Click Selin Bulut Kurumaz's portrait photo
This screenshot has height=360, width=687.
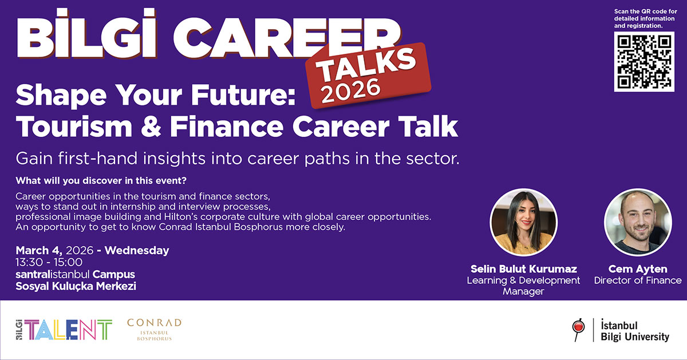pyautogui.click(x=523, y=223)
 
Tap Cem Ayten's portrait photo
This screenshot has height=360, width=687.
pyautogui.click(x=638, y=223)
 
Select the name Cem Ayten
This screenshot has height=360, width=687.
pyautogui.click(x=638, y=268)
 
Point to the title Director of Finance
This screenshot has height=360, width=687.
pyautogui.click(x=638, y=280)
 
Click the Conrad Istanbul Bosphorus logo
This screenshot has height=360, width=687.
pyautogui.click(x=154, y=330)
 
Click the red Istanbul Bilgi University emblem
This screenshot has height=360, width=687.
pyautogui.click(x=579, y=329)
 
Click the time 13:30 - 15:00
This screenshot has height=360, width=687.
pyautogui.click(x=49, y=262)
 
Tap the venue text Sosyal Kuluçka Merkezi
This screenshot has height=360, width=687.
pyautogui.click(x=76, y=286)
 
